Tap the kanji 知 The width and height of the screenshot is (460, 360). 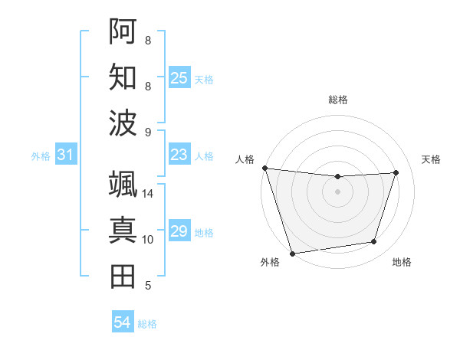123,77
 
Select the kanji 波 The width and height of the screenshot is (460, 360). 123,123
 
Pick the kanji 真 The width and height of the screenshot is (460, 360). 123,230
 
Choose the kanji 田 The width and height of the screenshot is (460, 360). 123,276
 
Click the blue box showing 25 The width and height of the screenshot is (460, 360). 179,78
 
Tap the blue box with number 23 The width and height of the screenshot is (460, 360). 179,155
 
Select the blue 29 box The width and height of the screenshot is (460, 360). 179,232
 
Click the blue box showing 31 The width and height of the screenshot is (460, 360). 66,155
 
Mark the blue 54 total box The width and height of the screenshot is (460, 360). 123,322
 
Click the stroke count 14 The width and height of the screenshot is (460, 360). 147,194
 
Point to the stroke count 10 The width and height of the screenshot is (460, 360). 147,240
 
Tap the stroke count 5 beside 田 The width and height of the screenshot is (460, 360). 147,286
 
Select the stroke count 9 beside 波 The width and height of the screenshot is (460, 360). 147,133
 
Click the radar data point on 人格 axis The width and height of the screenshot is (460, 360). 264,168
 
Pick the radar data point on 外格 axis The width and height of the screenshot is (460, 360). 292,253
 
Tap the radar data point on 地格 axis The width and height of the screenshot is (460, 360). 374,242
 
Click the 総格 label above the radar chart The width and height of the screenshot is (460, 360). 337,100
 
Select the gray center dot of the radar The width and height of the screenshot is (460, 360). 337,191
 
